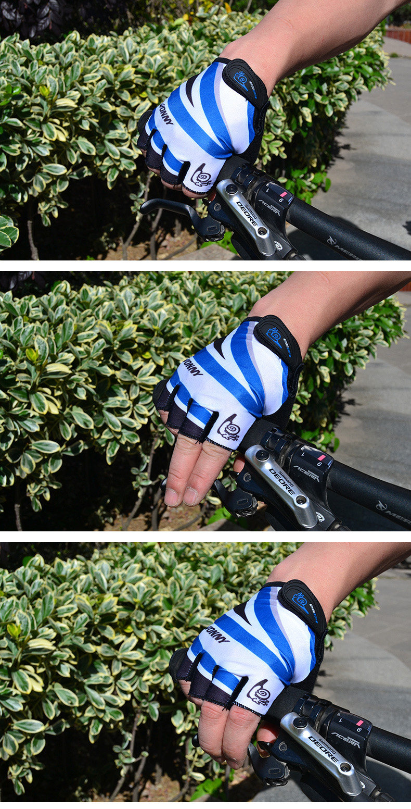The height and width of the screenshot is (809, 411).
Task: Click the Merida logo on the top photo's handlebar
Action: tap(343, 248)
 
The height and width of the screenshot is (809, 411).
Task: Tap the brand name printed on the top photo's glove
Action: tap(165, 114)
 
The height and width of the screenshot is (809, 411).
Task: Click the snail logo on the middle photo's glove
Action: tap(229, 428)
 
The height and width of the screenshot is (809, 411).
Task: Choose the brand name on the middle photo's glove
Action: tap(192, 367)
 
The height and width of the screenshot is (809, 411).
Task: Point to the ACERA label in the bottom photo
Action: tap(345, 740)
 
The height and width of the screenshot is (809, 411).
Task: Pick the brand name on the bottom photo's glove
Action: tap(217, 634)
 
